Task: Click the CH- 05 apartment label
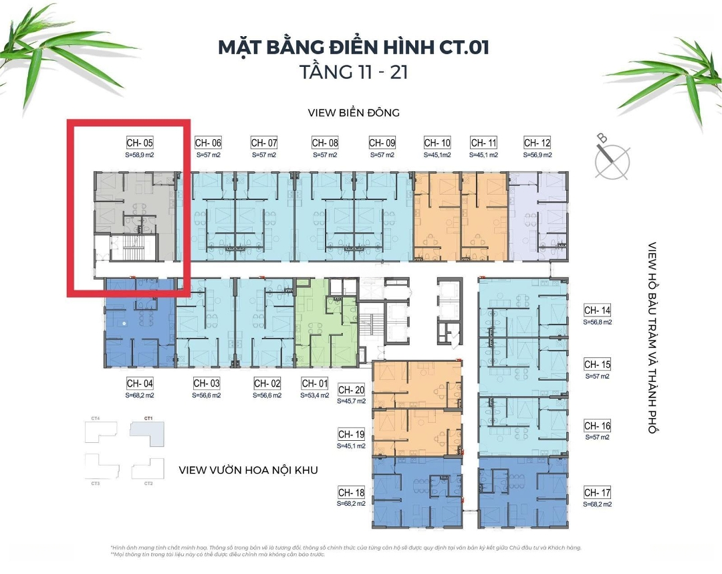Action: pyautogui.click(x=140, y=142)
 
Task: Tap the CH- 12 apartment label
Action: pyautogui.click(x=537, y=142)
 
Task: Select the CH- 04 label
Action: pyautogui.click(x=140, y=383)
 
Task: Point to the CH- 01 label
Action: pyautogui.click(x=315, y=383)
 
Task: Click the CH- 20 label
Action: pyautogui.click(x=351, y=390)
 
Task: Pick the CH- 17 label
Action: pyautogui.click(x=597, y=492)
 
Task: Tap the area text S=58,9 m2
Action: pyautogui.click(x=140, y=155)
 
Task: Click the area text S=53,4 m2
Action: pyautogui.click(x=315, y=395)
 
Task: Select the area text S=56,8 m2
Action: pyautogui.click(x=597, y=322)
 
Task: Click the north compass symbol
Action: pyautogui.click(x=612, y=158)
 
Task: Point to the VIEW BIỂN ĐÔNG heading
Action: pyautogui.click(x=354, y=112)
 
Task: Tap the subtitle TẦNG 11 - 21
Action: pyautogui.click(x=354, y=72)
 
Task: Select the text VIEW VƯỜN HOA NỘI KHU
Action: pyautogui.click(x=248, y=470)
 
